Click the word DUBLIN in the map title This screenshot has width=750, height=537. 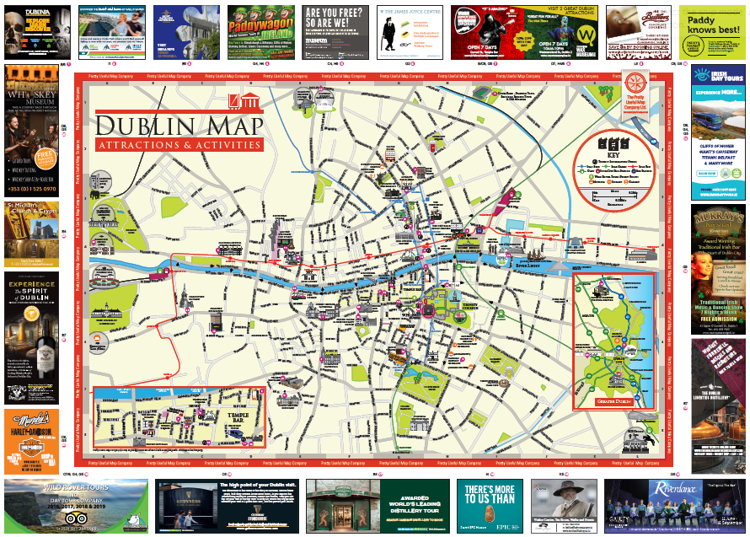142,126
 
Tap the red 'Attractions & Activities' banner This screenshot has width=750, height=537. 179,145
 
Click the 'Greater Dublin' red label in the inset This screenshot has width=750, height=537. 613,401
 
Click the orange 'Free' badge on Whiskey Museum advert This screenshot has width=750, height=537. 47,158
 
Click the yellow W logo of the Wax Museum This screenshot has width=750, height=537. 588,37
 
